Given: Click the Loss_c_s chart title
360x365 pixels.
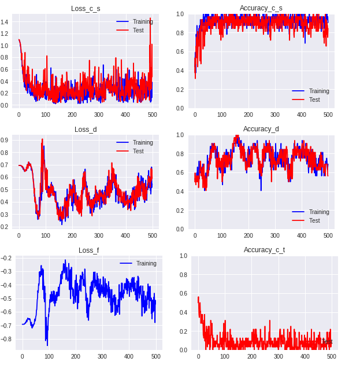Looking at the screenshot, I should point(86,8).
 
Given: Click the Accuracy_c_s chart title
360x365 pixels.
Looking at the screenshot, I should point(261,8).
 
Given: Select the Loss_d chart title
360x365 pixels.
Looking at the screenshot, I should point(86,129).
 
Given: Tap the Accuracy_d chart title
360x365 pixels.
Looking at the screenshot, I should point(261,129).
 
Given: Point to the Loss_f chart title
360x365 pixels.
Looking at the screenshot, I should point(88,250).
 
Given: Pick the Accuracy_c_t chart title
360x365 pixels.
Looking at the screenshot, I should point(263,250).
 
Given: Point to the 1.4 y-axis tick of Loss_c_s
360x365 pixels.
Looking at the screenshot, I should point(4,22).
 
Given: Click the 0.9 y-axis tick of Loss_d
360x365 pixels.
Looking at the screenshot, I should point(4,140).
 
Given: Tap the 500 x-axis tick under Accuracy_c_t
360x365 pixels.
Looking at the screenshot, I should point(332,357).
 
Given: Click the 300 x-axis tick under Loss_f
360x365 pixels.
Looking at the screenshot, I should point(102,357).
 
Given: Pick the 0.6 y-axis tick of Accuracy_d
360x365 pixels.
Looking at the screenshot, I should point(179,173).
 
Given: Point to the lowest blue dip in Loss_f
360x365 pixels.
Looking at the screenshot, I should point(47,345).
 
